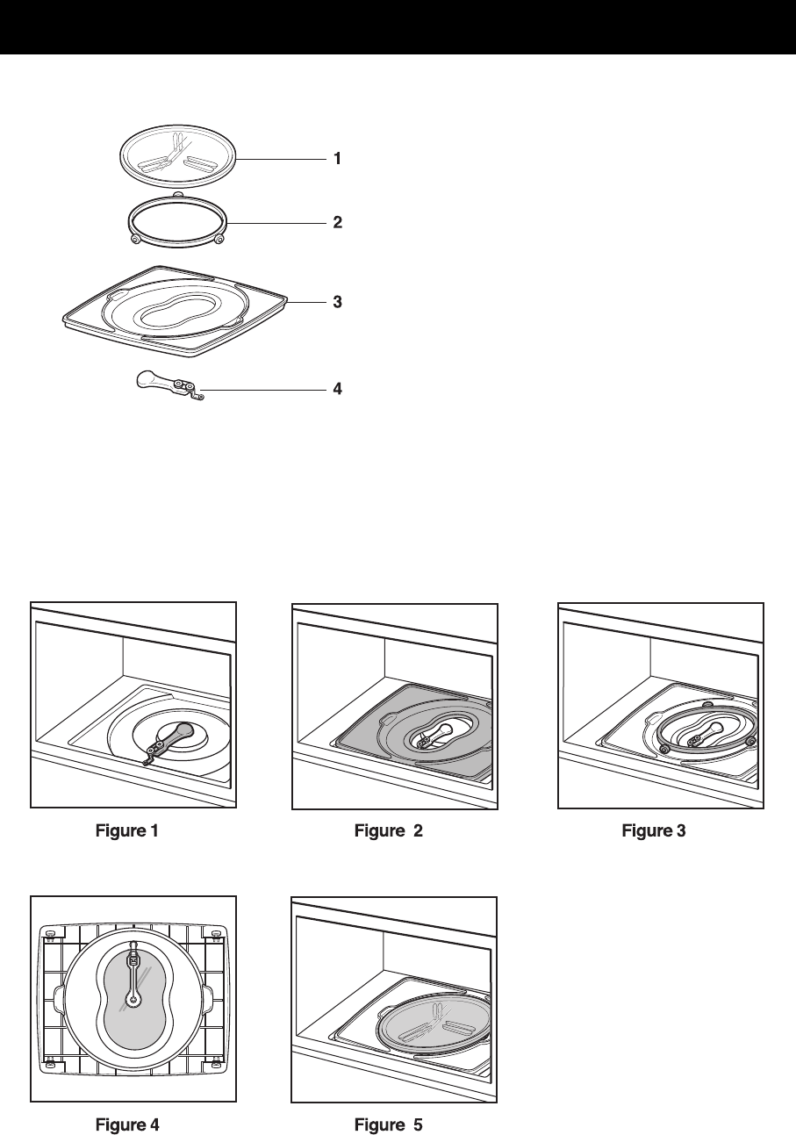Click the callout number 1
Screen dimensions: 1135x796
pyautogui.click(x=336, y=160)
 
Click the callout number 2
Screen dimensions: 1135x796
pyautogui.click(x=336, y=223)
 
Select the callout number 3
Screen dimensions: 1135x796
pyautogui.click(x=336, y=302)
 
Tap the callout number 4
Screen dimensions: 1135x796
pyautogui.click(x=336, y=387)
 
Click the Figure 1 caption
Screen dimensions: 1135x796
pyautogui.click(x=126, y=830)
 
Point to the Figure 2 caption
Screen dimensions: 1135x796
pyautogui.click(x=388, y=830)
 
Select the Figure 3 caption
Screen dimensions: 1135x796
pyautogui.click(x=653, y=830)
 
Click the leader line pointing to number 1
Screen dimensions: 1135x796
pyautogui.click(x=281, y=160)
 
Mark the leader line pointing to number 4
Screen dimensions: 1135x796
pyautogui.click(x=263, y=387)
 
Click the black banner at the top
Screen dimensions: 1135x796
pyautogui.click(x=398, y=26)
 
